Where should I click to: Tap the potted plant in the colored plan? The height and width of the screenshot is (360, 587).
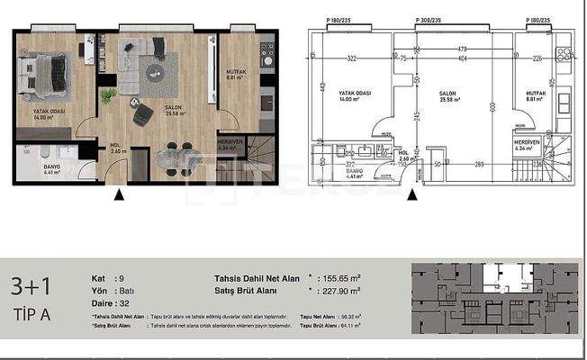108,94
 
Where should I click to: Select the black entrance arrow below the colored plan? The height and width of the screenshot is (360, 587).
118,193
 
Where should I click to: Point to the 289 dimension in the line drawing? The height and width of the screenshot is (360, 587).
480,164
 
